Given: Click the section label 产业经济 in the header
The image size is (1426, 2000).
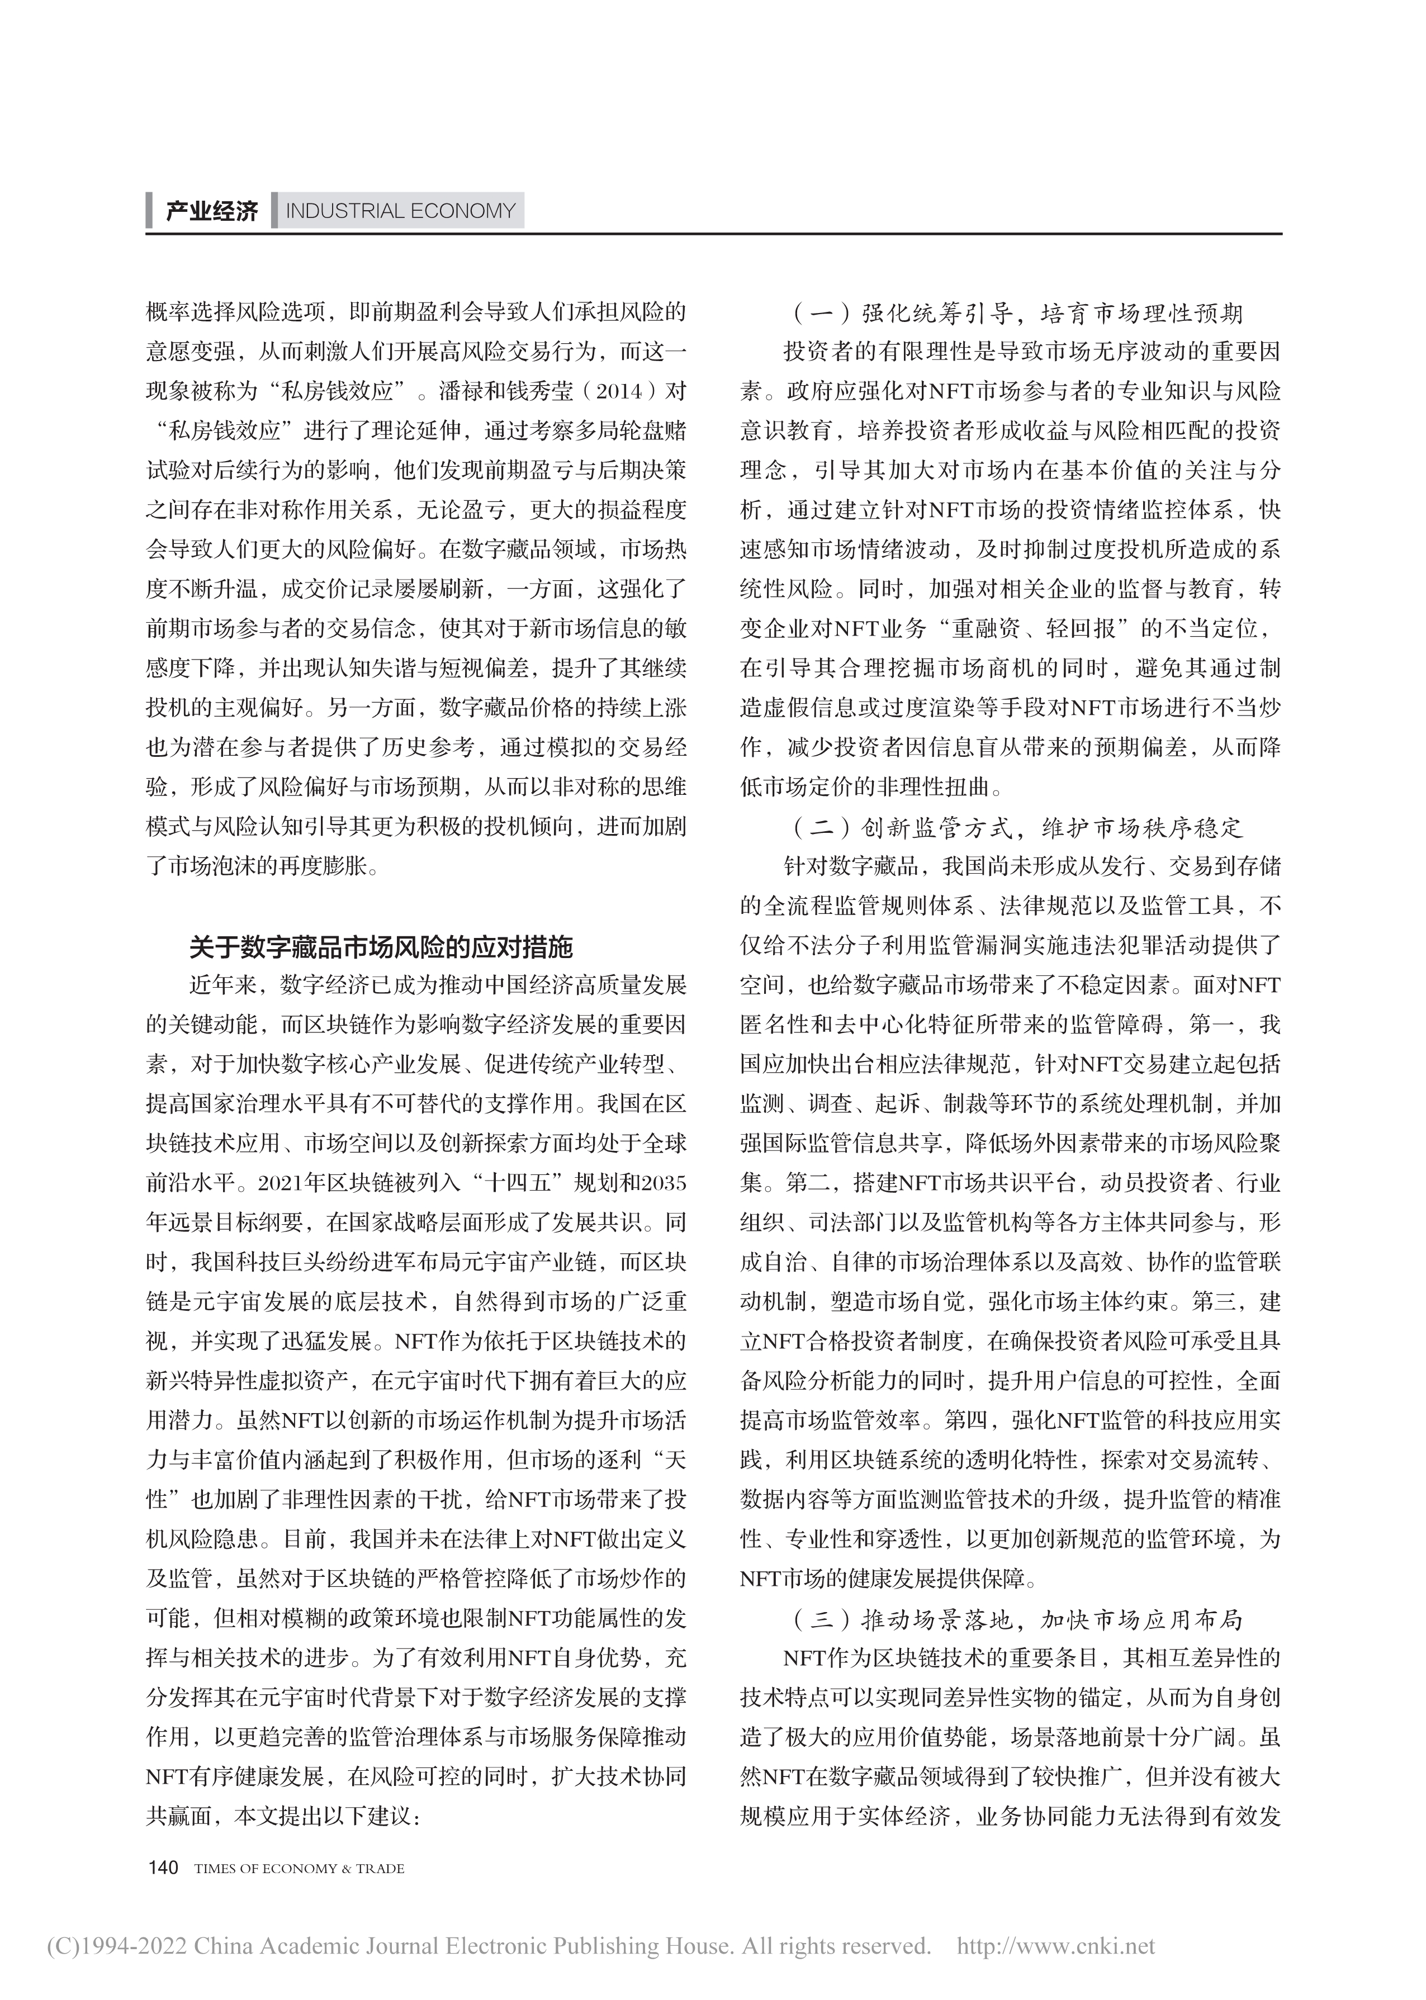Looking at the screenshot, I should click(x=212, y=212).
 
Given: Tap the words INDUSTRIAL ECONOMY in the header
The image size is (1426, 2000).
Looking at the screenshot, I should click(x=400, y=212).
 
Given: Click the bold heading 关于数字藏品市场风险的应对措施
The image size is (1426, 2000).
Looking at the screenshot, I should click(x=381, y=947).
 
